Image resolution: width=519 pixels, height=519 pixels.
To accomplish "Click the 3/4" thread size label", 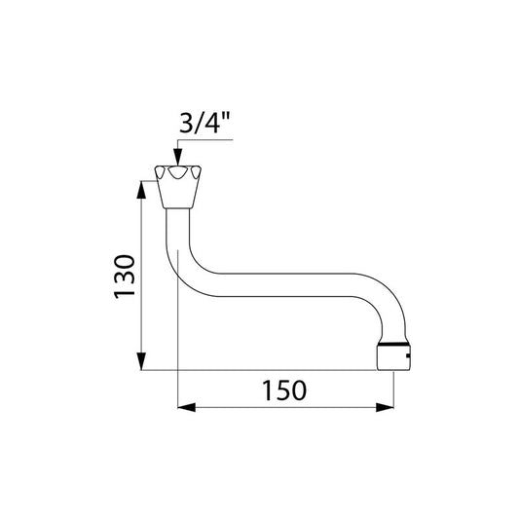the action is pos(204,123).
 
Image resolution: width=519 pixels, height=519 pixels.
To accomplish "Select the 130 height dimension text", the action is pos(125,277).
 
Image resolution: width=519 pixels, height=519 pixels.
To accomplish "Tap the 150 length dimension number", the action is pos(284,390).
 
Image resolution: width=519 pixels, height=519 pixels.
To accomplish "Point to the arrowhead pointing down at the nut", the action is pos(178,157).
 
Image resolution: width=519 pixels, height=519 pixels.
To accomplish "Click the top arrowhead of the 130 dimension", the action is pos(141,190).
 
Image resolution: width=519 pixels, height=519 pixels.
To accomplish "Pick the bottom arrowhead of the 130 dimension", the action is pos(141,361).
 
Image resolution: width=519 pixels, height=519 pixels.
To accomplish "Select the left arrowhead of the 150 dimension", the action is pos(187,407).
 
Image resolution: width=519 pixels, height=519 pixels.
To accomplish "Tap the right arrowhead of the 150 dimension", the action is pos(385,407).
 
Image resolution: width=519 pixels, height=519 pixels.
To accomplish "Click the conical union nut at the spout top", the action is pos(178,187).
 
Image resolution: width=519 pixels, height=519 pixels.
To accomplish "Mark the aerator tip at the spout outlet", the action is pos(393,357).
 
